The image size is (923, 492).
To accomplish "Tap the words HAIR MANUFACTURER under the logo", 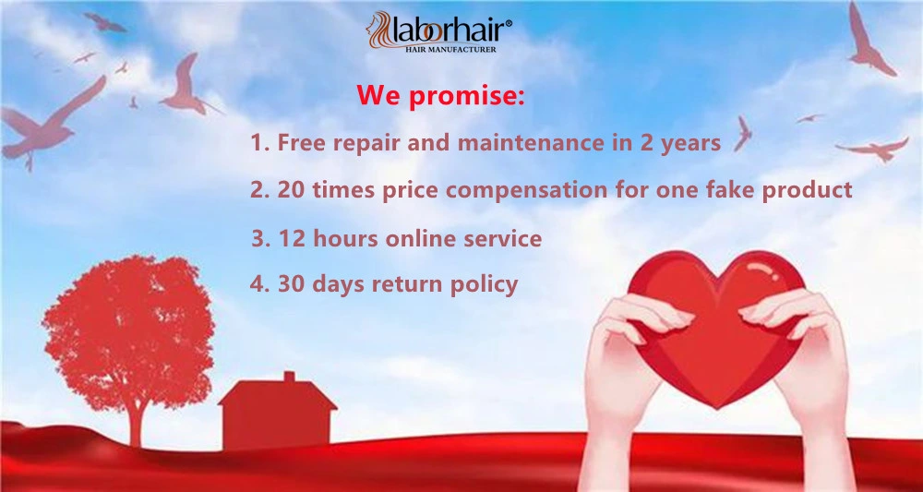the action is (451, 50).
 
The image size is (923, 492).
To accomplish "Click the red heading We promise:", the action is (440, 95).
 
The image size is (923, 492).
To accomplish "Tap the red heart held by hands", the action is (716, 328).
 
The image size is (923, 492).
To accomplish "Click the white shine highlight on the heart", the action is (763, 270).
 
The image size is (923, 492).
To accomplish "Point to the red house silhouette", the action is (277, 411).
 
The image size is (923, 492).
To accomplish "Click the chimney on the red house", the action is (289, 376).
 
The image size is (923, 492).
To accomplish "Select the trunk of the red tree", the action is (137, 422).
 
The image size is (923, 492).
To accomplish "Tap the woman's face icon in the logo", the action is (379, 30).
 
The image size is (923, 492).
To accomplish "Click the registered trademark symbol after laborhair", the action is (508, 24).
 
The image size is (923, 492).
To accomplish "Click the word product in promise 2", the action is (807, 190).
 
